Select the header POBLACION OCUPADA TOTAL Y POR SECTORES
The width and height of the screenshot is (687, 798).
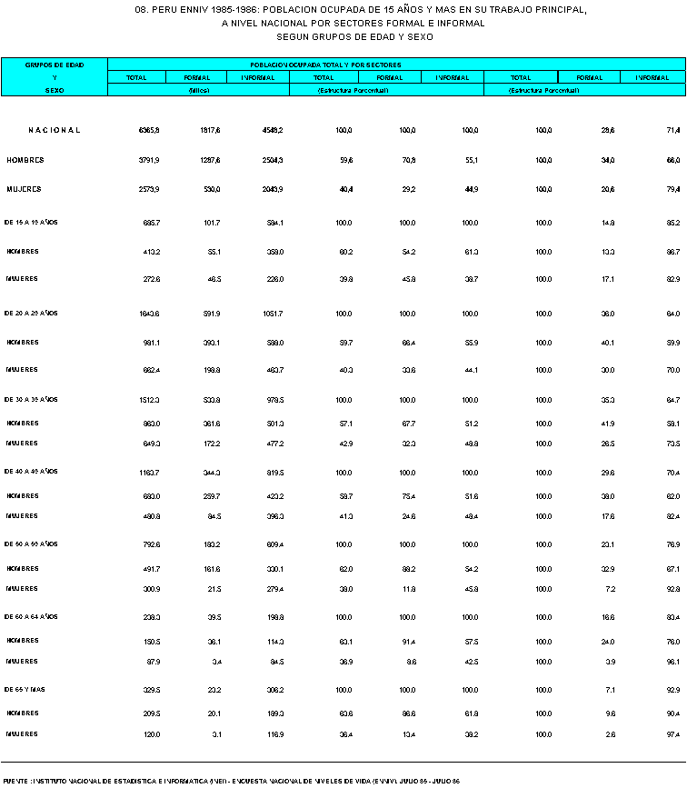tap(325, 65)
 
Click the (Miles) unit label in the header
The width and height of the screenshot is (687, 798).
tap(198, 91)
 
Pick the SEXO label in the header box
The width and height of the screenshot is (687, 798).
tap(55, 91)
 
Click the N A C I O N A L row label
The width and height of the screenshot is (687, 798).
tap(55, 131)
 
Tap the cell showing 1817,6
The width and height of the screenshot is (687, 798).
tap(210, 131)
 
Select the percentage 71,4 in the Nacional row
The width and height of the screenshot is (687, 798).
tap(673, 131)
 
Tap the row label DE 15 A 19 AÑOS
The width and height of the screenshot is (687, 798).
tap(31, 222)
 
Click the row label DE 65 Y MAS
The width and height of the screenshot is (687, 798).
tap(25, 690)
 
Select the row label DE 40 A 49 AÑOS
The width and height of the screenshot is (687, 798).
tap(31, 472)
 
